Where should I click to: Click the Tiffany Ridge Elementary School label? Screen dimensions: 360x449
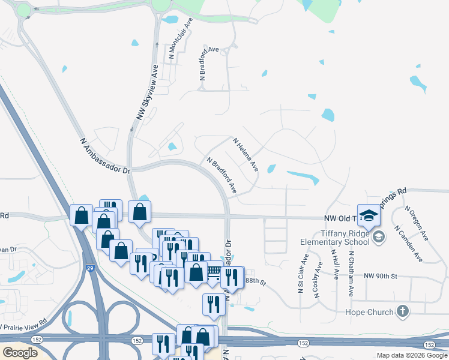click(x=336, y=238)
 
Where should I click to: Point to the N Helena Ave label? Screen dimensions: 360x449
click(x=246, y=155)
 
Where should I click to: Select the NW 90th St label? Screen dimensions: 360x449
click(x=381, y=275)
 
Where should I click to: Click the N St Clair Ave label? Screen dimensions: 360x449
click(x=302, y=274)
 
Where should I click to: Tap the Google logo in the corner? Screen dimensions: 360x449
click(x=20, y=352)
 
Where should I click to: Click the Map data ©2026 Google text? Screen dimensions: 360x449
click(x=412, y=356)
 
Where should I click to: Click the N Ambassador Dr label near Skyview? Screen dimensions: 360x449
click(x=104, y=155)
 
